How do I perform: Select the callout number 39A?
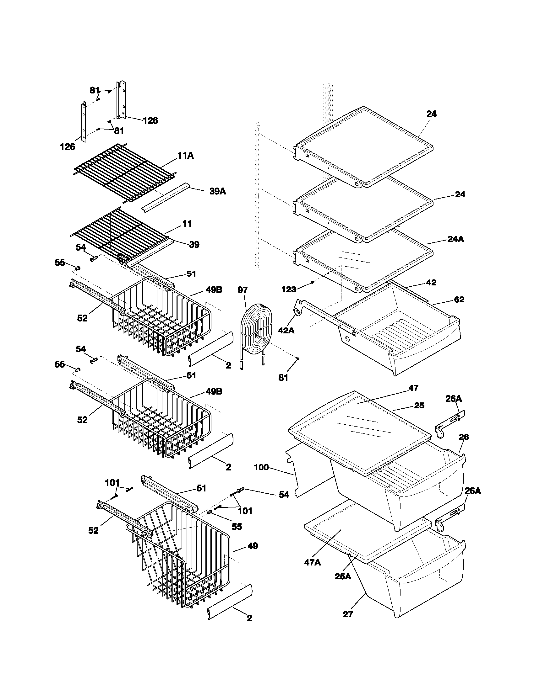pyautogui.click(x=218, y=191)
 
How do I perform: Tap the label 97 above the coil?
pyautogui.click(x=242, y=290)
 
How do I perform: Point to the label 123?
pyautogui.click(x=289, y=289)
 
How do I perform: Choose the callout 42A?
pyautogui.click(x=286, y=331)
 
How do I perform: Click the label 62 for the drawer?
pyautogui.click(x=459, y=299)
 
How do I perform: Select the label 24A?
pyautogui.click(x=455, y=239)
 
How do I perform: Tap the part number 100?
pyautogui.click(x=261, y=467)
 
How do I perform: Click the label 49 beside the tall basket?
pyautogui.click(x=253, y=546)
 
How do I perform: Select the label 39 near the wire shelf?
pyautogui.click(x=194, y=244)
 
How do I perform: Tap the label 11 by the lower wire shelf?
pyautogui.click(x=187, y=224)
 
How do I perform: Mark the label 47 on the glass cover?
pyautogui.click(x=413, y=388)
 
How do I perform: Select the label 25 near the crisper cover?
pyautogui.click(x=419, y=405)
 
